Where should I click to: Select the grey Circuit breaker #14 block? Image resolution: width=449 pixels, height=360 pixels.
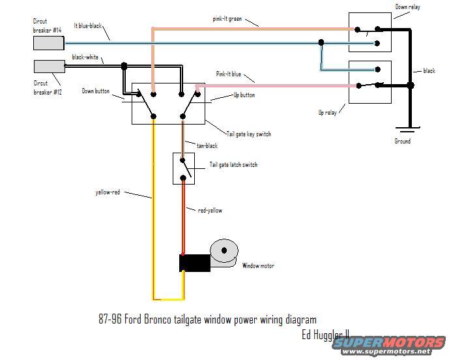[48, 43]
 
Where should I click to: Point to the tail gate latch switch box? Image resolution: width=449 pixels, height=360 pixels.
[184, 168]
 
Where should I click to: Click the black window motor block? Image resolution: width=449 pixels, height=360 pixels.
[194, 263]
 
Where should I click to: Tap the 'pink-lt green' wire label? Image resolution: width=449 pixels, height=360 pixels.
[227, 19]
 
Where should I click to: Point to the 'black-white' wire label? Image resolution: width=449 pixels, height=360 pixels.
[85, 57]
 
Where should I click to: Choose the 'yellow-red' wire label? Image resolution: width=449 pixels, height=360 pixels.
[108, 192]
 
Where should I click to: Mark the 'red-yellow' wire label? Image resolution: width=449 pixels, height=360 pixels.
[209, 210]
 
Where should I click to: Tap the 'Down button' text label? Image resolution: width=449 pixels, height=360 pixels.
[96, 91]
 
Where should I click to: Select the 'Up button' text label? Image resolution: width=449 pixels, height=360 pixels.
[244, 95]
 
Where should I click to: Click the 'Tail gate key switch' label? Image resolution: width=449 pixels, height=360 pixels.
[249, 134]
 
